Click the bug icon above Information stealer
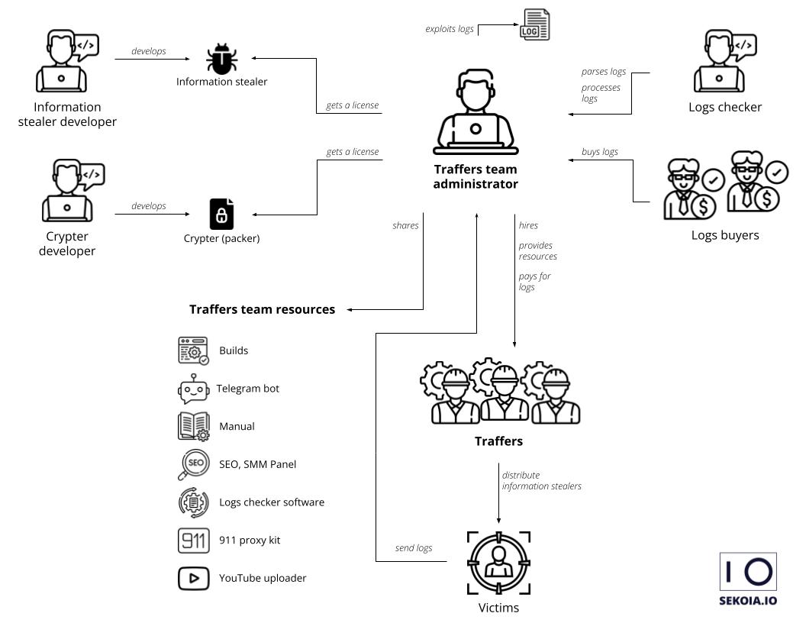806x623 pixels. [x=221, y=59]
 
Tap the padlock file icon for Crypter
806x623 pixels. [x=221, y=214]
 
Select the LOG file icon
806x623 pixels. [x=534, y=24]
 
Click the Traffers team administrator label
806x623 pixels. [x=476, y=176]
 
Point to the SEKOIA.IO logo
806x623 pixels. [x=748, y=579]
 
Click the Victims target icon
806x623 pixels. [x=498, y=563]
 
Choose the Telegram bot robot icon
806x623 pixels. [x=193, y=389]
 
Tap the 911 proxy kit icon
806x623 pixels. [x=193, y=541]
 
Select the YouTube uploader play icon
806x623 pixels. [x=193, y=579]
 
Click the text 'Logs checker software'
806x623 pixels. [x=271, y=502]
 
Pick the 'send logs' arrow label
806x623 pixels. [x=414, y=548]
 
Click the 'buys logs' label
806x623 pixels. [x=600, y=152]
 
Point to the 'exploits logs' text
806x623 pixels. [x=450, y=29]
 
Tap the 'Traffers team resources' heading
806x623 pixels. [x=262, y=309]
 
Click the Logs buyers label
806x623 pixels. [x=725, y=235]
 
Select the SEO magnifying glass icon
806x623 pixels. [x=193, y=464]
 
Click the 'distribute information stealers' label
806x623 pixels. [x=541, y=480]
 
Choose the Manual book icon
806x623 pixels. [x=193, y=426]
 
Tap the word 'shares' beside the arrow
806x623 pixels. [x=405, y=225]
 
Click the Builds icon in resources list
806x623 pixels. [x=193, y=351]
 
